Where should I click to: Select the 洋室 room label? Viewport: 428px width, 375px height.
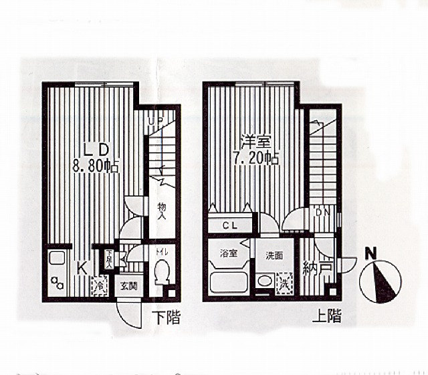coord(256,142)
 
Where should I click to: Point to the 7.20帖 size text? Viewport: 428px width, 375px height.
coord(256,158)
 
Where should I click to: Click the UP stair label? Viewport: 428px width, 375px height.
coord(156,122)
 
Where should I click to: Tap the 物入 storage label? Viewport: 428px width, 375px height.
coord(162,212)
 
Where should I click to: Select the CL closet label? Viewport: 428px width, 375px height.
coord(231,225)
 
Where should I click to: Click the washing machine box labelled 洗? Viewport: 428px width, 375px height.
coord(284,282)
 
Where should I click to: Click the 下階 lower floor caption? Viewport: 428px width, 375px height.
coord(165,317)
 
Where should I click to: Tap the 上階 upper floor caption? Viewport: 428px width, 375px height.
coord(326,316)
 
